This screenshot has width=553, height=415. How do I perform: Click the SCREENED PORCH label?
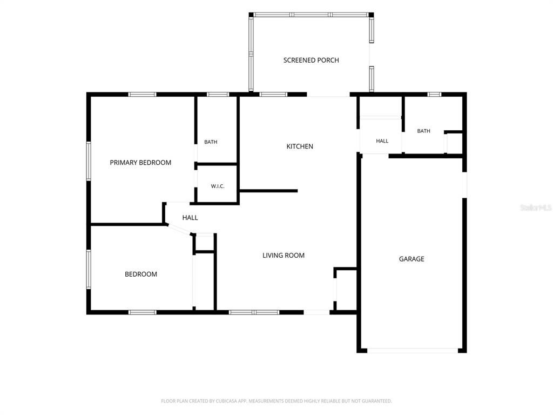pyautogui.click(x=311, y=61)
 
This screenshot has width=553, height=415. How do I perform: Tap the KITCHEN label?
pyautogui.click(x=300, y=146)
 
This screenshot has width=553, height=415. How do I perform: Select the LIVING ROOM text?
pyautogui.click(x=284, y=256)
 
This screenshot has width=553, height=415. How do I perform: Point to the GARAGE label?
pyautogui.click(x=412, y=259)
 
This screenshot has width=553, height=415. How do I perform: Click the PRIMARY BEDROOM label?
pyautogui.click(x=140, y=163)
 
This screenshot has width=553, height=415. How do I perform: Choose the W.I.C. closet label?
pyautogui.click(x=218, y=186)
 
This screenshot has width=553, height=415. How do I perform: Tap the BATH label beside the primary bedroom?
pyautogui.click(x=211, y=142)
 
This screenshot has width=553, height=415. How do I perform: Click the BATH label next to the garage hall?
pyautogui.click(x=423, y=131)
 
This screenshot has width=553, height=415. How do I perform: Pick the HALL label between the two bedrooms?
pyautogui.click(x=190, y=218)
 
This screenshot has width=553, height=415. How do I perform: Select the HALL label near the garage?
pyautogui.click(x=382, y=141)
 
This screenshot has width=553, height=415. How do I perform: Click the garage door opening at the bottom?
pyautogui.click(x=413, y=351)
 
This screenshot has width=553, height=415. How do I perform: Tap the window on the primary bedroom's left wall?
pyautogui.click(x=89, y=161)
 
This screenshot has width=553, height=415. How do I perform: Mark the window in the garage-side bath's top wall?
pyautogui.click(x=435, y=94)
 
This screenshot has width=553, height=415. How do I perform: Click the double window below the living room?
pyautogui.click(x=254, y=312)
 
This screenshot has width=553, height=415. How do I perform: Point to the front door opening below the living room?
pyautogui.click(x=316, y=312)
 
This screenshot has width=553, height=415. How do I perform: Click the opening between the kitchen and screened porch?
pyautogui.click(x=328, y=95)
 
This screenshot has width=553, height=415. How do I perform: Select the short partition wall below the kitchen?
pyautogui.click(x=269, y=191)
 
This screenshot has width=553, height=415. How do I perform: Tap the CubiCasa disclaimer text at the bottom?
pyautogui.click(x=276, y=401)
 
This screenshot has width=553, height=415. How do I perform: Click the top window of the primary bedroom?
pyautogui.click(x=142, y=94)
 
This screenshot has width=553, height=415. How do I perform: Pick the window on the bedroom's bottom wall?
pyautogui.click(x=142, y=312)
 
